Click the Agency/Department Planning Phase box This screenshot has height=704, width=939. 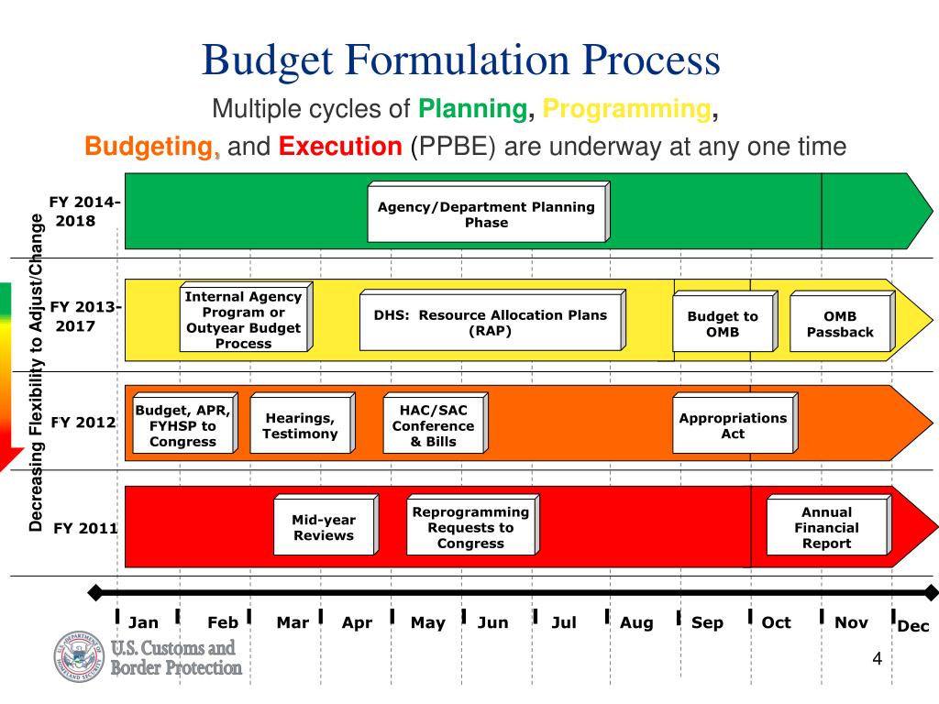[486, 214]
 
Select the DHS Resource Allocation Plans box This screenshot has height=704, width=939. [490, 323]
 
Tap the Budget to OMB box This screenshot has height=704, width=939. [723, 324]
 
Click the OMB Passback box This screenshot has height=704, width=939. [840, 324]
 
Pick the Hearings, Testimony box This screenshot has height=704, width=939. [300, 426]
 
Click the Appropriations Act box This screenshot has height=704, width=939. [733, 425]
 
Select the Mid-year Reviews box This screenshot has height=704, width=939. [323, 527]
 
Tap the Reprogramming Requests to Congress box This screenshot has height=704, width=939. [470, 527]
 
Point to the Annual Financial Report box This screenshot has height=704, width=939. [826, 527]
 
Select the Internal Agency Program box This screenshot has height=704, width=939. [243, 320]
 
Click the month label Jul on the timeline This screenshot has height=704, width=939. [564, 622]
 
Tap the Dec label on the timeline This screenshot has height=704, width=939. [913, 626]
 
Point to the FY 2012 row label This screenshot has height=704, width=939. [83, 423]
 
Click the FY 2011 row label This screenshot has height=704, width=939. [85, 528]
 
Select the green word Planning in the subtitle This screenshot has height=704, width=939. [472, 110]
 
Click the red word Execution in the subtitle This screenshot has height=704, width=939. [340, 147]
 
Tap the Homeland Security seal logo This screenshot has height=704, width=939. [80, 656]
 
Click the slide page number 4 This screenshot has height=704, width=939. [877, 660]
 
